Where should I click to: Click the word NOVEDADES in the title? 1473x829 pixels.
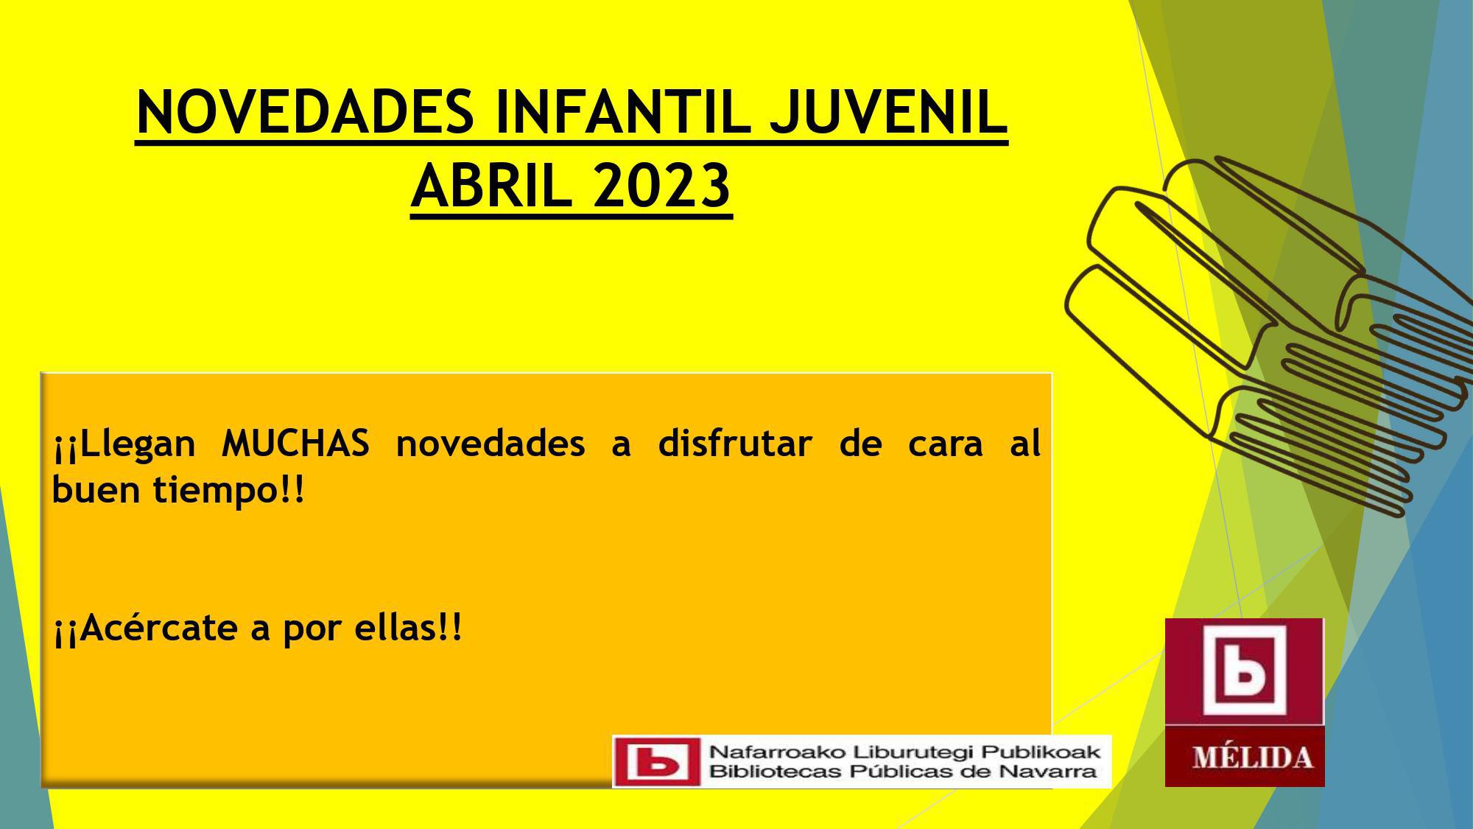click(305, 113)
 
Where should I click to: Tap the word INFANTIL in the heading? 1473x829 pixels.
click(623, 113)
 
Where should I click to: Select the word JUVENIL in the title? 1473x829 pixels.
click(888, 113)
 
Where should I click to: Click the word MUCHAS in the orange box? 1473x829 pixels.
click(295, 444)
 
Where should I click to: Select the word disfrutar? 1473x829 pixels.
click(734, 444)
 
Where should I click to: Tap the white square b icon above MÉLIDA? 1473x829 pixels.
click(1244, 671)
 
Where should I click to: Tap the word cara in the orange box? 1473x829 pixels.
click(946, 445)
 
